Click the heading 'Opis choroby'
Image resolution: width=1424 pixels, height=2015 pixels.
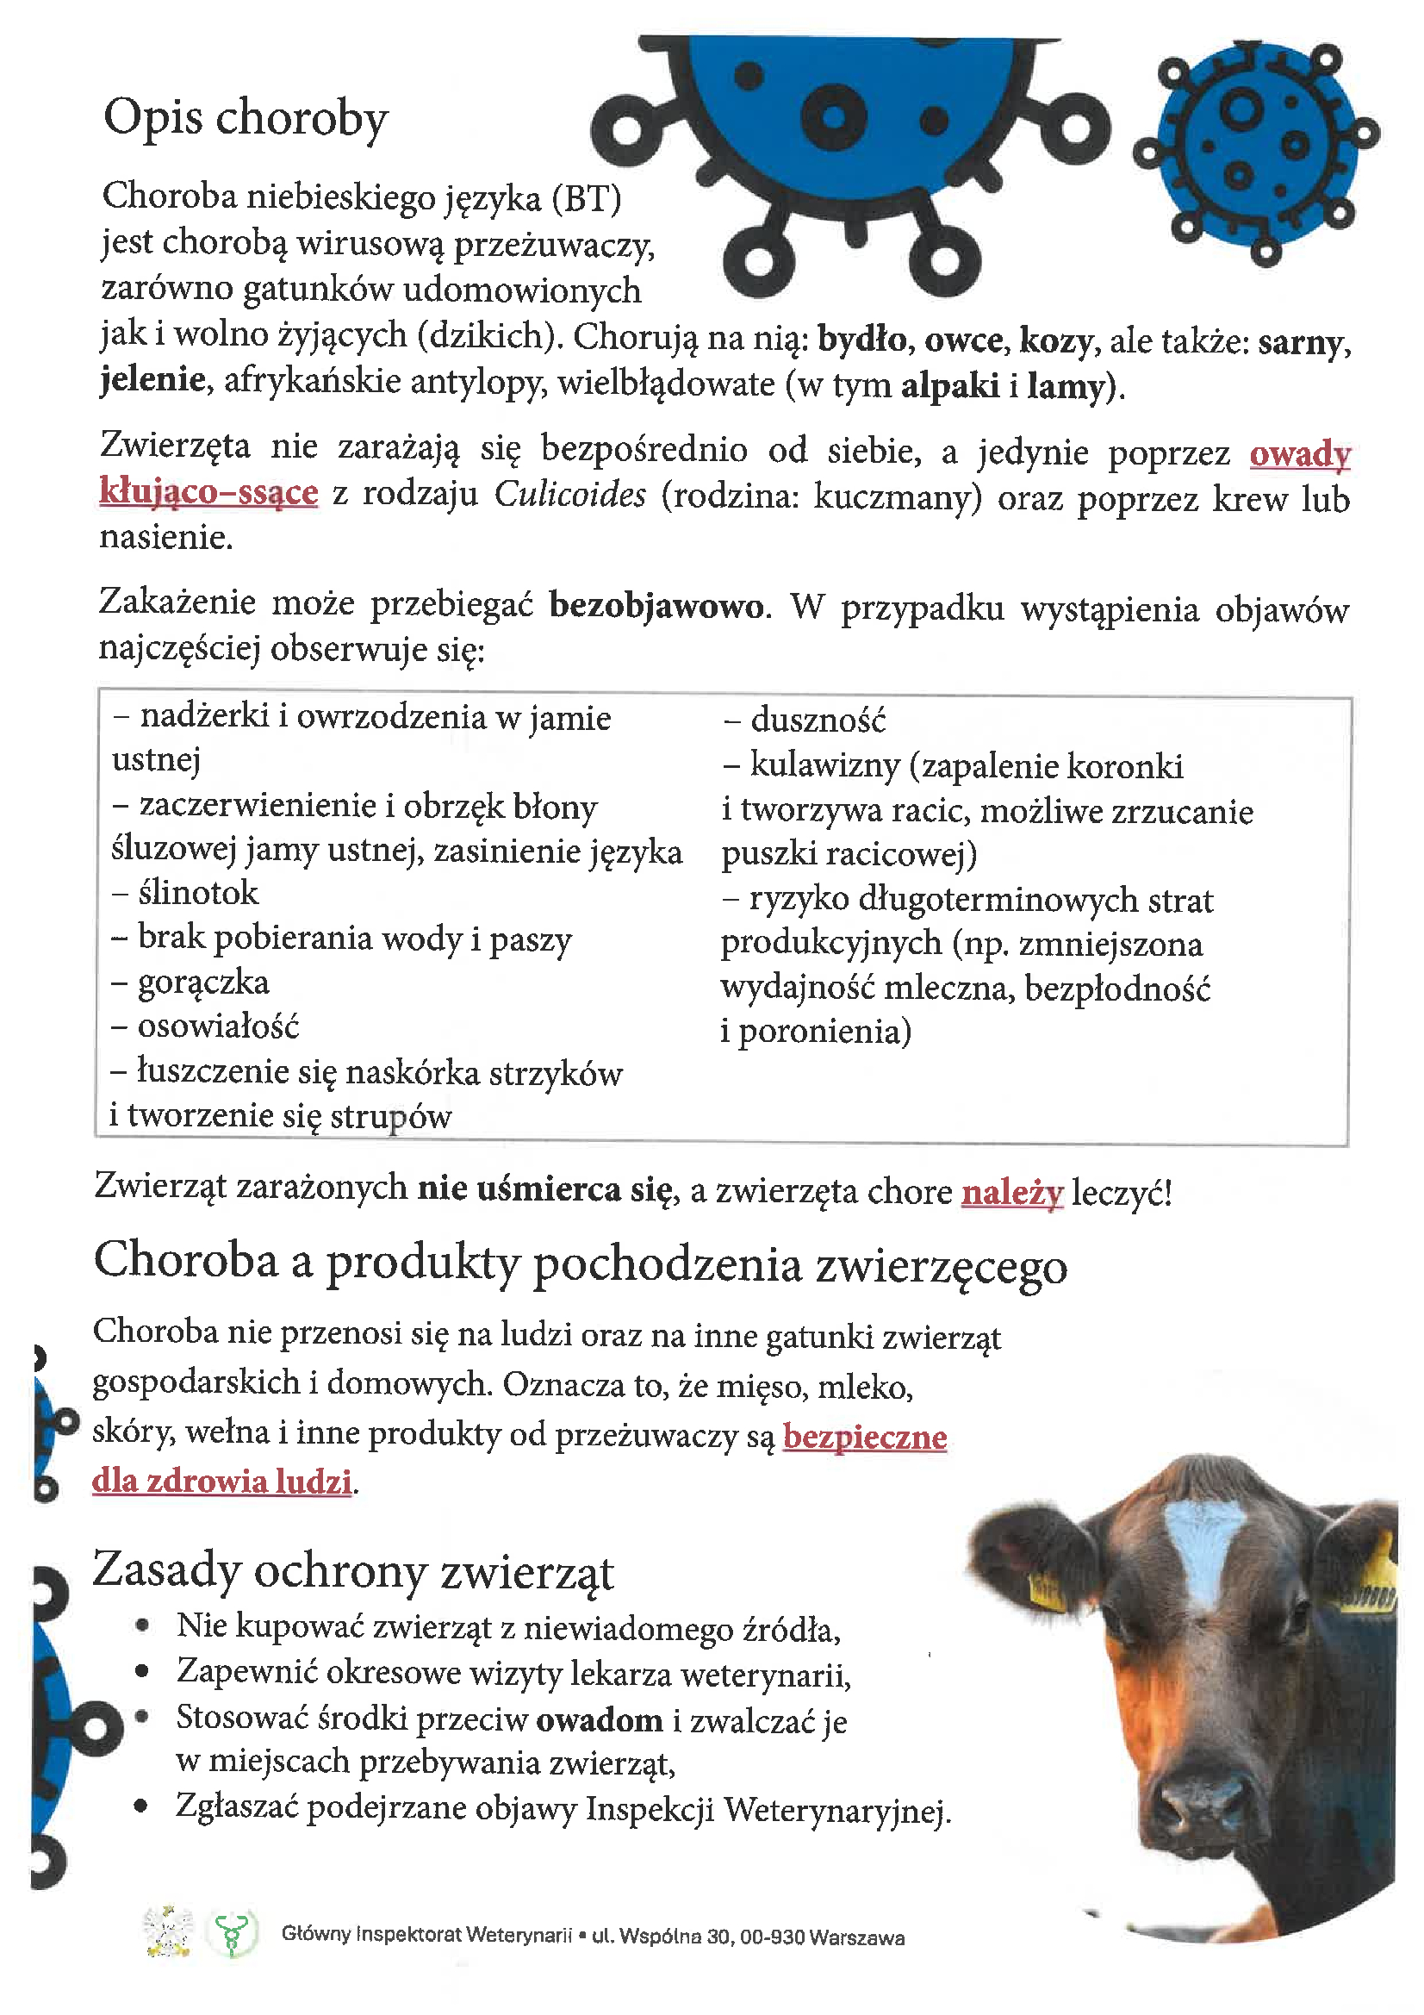[246, 118]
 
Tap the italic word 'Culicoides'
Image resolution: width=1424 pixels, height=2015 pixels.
[569, 495]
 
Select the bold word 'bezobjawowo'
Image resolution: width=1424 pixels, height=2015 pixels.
[656, 607]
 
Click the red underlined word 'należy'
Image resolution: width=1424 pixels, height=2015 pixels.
[1011, 1193]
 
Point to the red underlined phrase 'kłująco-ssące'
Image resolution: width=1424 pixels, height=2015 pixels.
[208, 491]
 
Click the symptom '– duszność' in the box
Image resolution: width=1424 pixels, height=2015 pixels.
[805, 721]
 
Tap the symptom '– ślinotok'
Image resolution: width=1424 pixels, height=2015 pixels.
[185, 894]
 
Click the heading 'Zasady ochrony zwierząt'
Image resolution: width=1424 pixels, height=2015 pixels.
[352, 1571]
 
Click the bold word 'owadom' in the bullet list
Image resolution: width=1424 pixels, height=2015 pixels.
[600, 1721]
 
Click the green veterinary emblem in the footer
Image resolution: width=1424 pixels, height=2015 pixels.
[233, 1933]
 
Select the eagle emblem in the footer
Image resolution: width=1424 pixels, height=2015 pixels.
[168, 1931]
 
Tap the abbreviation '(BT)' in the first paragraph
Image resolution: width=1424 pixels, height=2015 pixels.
[587, 198]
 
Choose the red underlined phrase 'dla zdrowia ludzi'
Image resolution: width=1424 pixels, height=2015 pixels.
[222, 1482]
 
